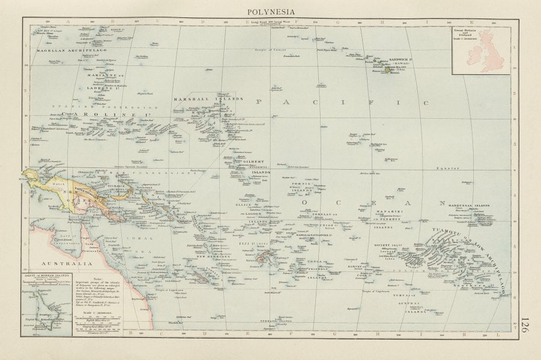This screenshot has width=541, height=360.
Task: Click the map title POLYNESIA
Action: (x=270, y=10)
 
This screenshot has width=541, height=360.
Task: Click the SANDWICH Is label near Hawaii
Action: (x=390, y=61)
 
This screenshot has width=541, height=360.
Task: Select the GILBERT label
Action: (x=253, y=161)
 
